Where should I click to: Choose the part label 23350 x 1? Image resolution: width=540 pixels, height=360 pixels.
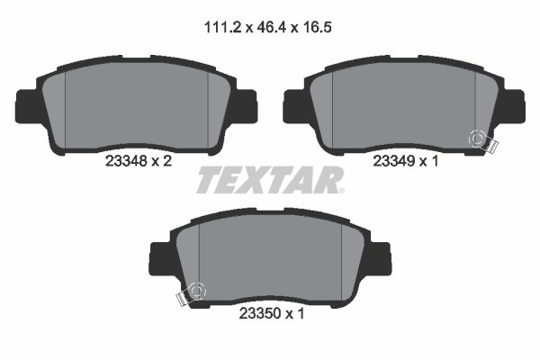270,315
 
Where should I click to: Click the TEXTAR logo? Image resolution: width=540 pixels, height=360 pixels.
269,179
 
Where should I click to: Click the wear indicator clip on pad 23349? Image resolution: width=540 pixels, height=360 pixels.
480,141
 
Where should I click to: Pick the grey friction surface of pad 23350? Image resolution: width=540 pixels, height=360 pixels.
270,257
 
